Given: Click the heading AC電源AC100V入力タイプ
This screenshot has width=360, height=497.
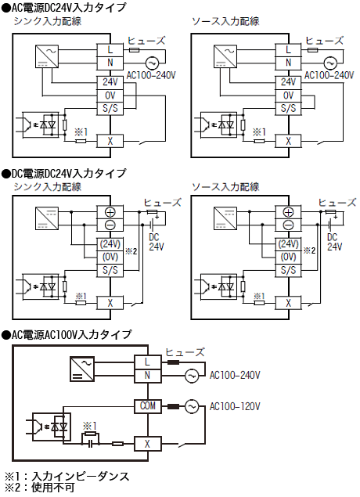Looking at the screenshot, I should click(x=70, y=334).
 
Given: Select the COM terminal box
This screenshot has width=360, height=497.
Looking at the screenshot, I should click(x=147, y=406).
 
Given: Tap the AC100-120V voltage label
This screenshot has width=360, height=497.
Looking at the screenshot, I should click(x=235, y=407).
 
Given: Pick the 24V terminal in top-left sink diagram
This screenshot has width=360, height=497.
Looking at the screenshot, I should click(x=110, y=82).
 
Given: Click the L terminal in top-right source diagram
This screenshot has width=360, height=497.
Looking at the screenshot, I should click(x=288, y=49).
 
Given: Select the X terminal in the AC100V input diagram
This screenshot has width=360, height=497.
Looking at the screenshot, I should click(x=147, y=444).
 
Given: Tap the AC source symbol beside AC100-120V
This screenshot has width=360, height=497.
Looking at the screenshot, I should click(x=191, y=406).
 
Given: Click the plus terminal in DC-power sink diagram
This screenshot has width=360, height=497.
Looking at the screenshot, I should click(x=110, y=212).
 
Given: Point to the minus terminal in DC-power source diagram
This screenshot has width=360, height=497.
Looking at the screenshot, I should click(x=288, y=225).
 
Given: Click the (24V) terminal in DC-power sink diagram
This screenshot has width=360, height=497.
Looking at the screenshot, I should click(x=110, y=243).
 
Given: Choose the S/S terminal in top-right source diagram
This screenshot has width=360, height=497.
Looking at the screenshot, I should click(x=288, y=109).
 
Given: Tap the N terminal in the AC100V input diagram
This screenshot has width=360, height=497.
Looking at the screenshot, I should click(x=147, y=376).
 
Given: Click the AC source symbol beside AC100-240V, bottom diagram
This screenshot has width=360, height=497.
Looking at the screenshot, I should click(x=191, y=376).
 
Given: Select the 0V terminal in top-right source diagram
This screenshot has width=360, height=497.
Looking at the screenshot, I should click(x=288, y=95).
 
